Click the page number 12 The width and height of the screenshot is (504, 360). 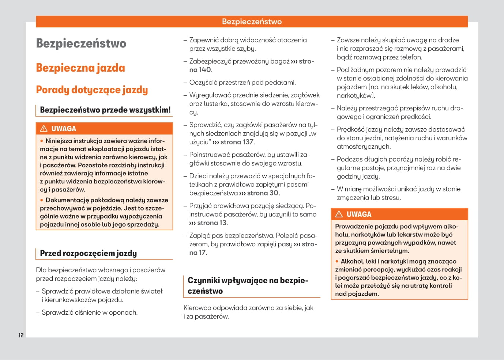(21, 335)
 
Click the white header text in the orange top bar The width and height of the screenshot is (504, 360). (252, 22)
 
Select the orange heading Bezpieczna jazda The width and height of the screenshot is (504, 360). (80, 68)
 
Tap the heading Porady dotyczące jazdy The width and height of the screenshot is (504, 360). (92, 90)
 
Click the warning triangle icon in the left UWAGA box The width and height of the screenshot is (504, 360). (44, 129)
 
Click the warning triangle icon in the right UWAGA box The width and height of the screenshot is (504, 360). (339, 214)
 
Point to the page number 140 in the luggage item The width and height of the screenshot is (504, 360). (205, 70)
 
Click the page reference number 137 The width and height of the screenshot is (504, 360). (248, 142)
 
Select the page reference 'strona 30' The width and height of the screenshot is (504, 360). (263, 193)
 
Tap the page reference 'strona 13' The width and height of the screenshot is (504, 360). (212, 223)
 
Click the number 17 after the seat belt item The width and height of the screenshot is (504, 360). (202, 253)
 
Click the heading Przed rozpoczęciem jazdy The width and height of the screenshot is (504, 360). (88, 253)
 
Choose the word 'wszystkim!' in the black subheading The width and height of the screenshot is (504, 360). (154, 110)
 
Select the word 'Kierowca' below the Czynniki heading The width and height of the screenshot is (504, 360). (197, 308)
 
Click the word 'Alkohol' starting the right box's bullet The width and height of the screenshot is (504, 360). (353, 261)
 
